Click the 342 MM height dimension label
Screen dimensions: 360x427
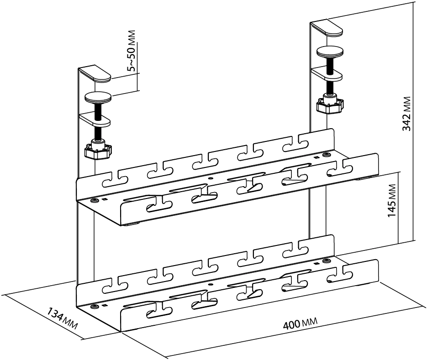tap(406, 113)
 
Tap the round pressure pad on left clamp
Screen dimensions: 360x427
tap(97, 97)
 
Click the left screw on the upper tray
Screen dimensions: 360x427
tap(95, 200)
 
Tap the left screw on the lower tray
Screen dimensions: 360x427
tap(95, 305)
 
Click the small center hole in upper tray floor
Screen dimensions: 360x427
tap(210, 178)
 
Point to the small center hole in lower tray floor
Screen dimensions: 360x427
tap(210, 283)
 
